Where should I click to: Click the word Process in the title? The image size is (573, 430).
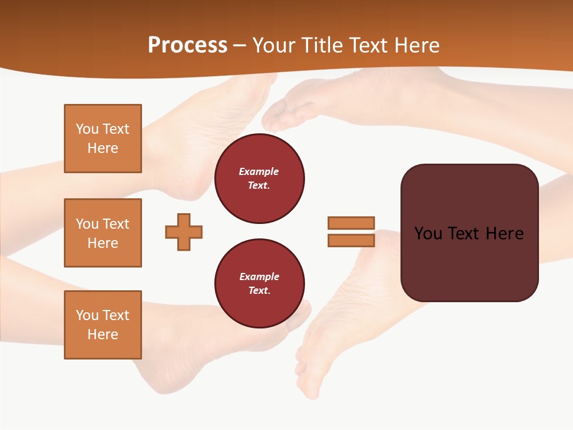click(187, 45)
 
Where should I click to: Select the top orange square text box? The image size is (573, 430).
click(103, 139)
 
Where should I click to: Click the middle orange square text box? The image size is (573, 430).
click(103, 233)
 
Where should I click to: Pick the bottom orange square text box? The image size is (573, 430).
click(103, 325)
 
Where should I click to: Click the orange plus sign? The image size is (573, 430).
click(184, 232)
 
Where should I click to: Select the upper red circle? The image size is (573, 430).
click(259, 178)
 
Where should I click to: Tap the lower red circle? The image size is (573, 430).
click(259, 283)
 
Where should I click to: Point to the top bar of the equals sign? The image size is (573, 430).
click(352, 223)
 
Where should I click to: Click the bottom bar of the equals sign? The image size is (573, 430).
click(352, 240)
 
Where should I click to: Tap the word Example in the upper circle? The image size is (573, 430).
click(259, 171)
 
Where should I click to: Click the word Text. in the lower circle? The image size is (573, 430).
click(259, 290)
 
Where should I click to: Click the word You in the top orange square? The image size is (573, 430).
click(87, 129)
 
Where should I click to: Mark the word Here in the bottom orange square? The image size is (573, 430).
click(103, 334)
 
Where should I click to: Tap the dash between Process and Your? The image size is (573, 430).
click(239, 45)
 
